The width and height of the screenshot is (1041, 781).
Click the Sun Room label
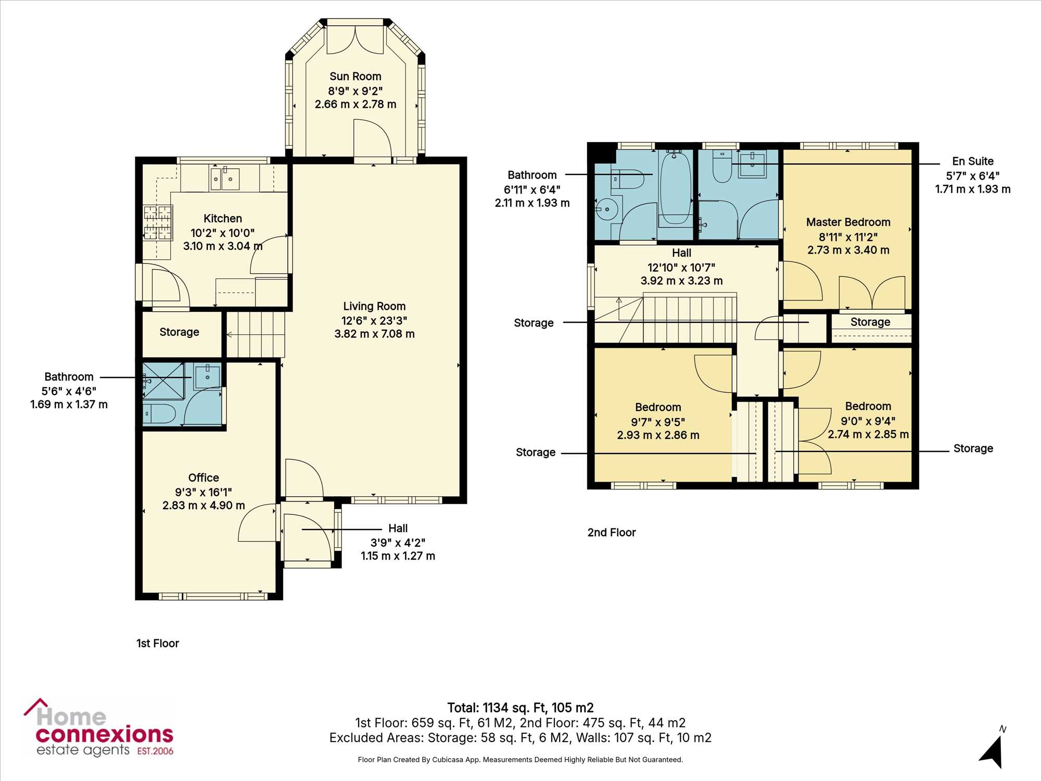[356, 77]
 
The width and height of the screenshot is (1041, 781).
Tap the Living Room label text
[374, 306]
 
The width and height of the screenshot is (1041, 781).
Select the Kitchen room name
[223, 219]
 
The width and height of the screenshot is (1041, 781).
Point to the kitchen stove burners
[158, 223]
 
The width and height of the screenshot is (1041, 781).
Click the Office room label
[204, 477]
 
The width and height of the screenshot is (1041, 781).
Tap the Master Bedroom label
[848, 222]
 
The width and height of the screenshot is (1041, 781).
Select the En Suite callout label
[973, 161]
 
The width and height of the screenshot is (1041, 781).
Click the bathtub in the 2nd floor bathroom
[675, 187]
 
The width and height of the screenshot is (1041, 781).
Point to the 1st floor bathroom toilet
[159, 413]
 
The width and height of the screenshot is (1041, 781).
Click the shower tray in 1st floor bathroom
[163, 381]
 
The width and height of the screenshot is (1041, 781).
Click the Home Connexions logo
[98, 728]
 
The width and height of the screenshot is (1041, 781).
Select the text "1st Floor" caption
[158, 644]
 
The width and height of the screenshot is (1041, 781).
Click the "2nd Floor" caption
[612, 533]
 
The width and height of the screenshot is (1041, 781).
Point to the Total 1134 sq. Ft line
[520, 708]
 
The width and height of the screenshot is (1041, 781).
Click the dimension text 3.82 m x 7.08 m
[374, 334]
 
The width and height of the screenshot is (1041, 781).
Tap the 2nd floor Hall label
[681, 253]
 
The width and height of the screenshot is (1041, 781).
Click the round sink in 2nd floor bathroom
[606, 209]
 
